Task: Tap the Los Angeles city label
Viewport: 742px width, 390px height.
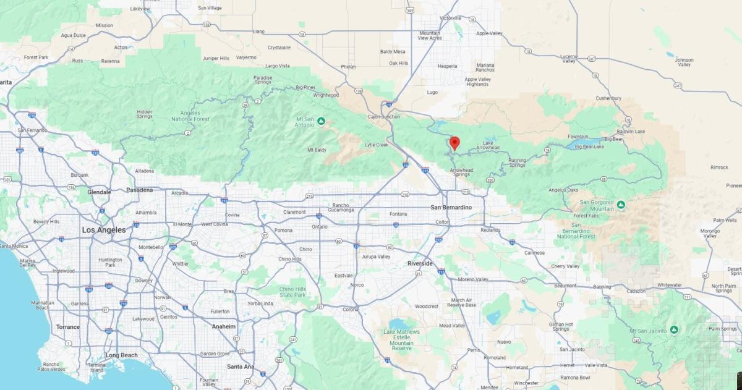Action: [104, 230]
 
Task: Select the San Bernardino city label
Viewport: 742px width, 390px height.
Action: [456, 207]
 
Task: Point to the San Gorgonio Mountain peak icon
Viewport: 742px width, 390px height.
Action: [620, 204]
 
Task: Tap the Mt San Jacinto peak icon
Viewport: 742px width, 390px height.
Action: [674, 330]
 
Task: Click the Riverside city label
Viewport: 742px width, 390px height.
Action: [420, 263]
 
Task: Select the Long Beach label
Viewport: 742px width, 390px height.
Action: [121, 355]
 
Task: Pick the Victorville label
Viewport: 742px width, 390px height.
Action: [450, 18]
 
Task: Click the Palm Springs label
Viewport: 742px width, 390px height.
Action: [722, 329]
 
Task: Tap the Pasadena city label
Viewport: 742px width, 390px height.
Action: [139, 190]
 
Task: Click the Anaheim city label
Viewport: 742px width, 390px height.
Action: [223, 326]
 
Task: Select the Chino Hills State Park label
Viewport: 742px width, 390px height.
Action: [292, 292]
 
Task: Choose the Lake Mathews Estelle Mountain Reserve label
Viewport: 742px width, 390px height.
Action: [401, 340]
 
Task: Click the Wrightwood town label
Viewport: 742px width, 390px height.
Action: [326, 95]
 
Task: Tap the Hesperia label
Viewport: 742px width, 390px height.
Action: [447, 66]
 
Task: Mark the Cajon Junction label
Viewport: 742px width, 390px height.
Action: [383, 116]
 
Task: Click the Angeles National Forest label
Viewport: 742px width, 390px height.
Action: [190, 116]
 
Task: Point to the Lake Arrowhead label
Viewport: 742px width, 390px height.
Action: [488, 145]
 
